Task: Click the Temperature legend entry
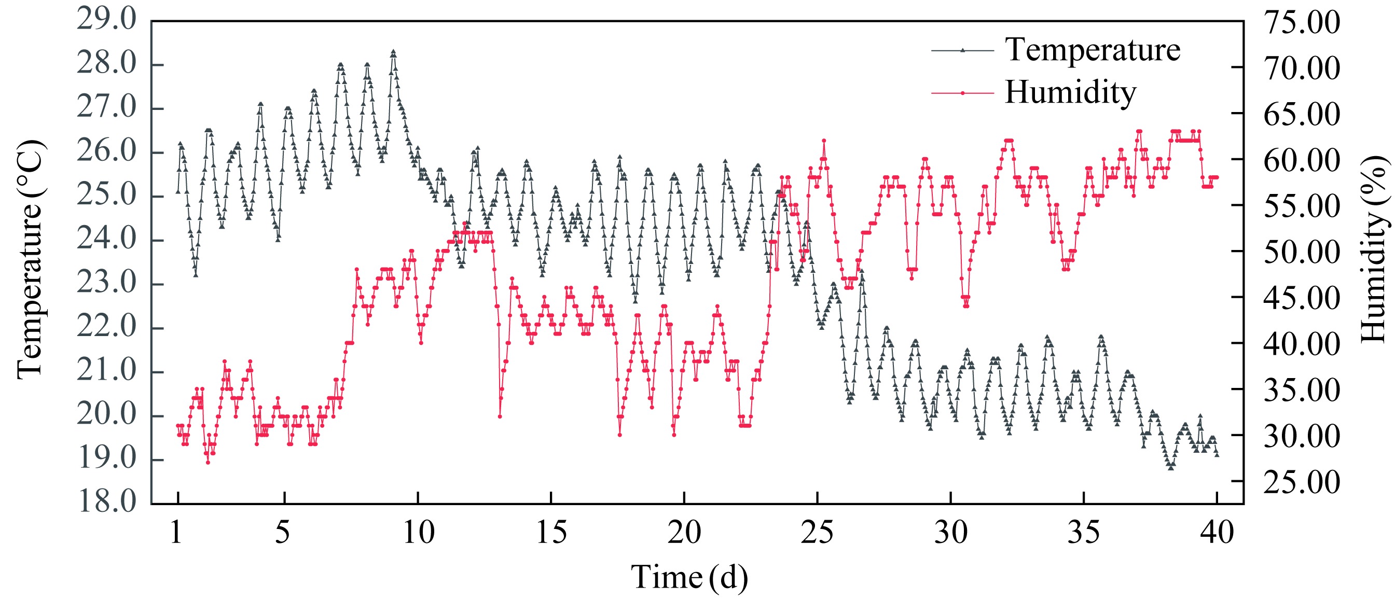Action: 1092,50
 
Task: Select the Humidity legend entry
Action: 1070,93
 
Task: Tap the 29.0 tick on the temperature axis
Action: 107,20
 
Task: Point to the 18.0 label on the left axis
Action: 107,502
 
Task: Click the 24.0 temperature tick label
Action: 107,240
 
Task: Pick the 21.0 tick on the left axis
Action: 107,371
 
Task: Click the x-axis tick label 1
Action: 176,533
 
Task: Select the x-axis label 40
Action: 1217,533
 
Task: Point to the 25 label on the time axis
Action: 817,533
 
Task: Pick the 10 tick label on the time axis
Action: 419,533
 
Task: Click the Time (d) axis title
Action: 689,577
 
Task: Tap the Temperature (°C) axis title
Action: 30,260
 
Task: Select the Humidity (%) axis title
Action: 1373,249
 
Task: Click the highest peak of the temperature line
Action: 393,52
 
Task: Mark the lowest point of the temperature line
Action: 1171,467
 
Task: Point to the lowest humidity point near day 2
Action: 208,462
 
